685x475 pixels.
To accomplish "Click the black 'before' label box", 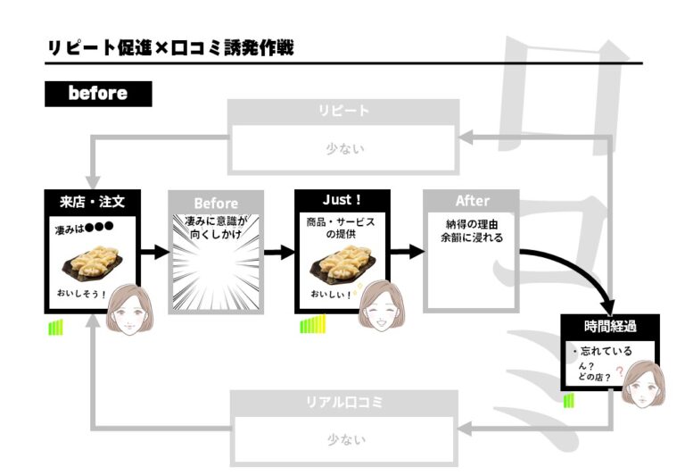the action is pos(98,94).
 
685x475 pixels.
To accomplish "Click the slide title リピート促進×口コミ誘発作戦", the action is pos(170,47).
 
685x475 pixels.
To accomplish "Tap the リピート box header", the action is pos(343,111).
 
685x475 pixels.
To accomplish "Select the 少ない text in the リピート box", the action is pos(344,149).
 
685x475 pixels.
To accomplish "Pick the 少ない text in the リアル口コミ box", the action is pos(346,439).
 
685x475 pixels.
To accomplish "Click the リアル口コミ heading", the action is pos(344,402).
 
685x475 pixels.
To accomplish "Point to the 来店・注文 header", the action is pos(92,202).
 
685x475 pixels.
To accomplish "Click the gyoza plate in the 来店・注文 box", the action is pos(92,262).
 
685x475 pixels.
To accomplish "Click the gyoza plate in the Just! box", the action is pos(342,262).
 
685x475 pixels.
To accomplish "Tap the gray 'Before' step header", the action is pos(216,204).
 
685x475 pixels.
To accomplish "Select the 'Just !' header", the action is pos(342,200).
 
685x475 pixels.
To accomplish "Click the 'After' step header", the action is pos(472,201).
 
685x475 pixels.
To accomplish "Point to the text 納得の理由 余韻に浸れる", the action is pos(472,231).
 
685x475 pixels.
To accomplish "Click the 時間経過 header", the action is pos(610,326).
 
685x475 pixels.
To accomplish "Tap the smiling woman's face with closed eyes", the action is pos(381,306).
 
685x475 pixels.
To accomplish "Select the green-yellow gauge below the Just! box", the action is pos(313,324).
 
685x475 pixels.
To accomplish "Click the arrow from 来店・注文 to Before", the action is pos(155,252).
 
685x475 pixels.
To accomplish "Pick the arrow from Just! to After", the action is pos(408,252).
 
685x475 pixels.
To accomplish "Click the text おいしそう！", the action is pos(81,294).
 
